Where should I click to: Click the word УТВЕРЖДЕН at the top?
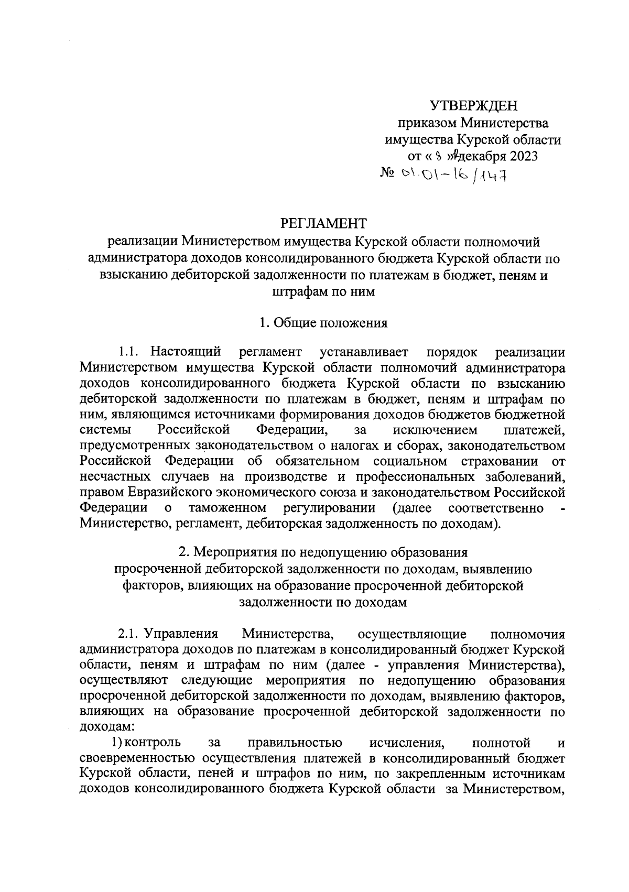[474, 106]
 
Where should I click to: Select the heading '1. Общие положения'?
[323, 323]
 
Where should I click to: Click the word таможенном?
[227, 508]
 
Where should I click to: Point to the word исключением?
[435, 430]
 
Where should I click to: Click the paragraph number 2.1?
[129, 634]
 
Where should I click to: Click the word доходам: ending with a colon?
[107, 727]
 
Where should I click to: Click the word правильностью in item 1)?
[294, 743]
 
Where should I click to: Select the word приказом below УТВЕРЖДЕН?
[427, 124]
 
